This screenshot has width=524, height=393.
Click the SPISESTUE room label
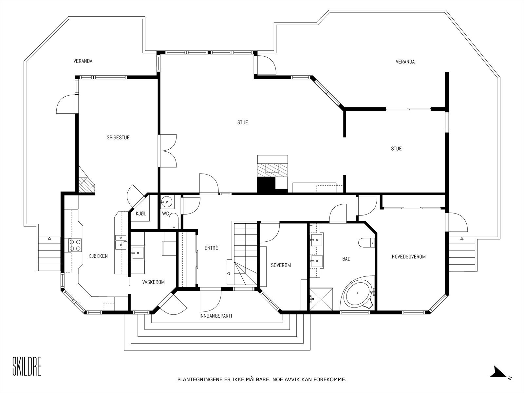pos(118,138)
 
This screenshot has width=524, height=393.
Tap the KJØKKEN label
pos(98,256)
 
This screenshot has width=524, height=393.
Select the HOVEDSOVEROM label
pos(409,257)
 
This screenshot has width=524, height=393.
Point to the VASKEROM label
pos(153,282)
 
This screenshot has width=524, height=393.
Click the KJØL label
pos(141,214)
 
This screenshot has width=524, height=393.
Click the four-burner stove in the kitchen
pos(75,245)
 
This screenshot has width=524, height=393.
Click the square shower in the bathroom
pos(321,298)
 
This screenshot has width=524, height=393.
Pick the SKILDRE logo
pos(27,366)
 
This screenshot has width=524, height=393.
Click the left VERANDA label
pos(83,61)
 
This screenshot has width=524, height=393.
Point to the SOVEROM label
pos(281,265)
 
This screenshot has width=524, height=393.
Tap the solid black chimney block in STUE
pos(266,185)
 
